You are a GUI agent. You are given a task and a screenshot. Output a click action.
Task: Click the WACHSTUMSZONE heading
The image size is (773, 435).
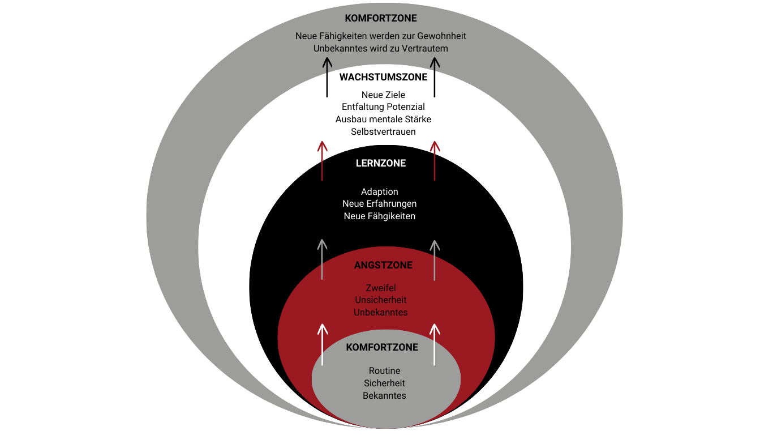tap(383, 78)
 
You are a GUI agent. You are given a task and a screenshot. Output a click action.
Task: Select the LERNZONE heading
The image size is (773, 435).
tap(381, 163)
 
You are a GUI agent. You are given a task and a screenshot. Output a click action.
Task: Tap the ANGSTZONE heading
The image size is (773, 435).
tap(383, 265)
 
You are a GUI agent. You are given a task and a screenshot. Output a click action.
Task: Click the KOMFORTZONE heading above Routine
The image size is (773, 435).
tap(382, 347)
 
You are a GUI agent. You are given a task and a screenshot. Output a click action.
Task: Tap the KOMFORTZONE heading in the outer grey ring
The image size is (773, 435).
tap(381, 19)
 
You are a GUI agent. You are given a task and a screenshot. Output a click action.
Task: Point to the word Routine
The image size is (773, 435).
tap(384, 371)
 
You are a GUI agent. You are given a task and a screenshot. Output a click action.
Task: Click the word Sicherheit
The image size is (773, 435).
tap(384, 383)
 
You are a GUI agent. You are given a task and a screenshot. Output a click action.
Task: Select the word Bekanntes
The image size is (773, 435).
tap(384, 396)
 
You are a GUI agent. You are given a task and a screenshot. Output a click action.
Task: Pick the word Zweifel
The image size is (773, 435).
tap(381, 288)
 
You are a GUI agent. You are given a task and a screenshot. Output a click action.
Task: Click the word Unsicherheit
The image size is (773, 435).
tap(381, 300)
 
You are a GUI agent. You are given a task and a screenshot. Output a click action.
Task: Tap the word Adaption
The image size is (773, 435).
tap(380, 191)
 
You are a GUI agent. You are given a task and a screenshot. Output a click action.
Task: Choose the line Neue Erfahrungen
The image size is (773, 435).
tap(380, 204)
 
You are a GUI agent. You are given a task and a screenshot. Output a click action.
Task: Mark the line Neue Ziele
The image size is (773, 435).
tap(383, 95)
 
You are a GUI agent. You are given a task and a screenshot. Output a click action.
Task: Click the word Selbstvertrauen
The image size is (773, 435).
tap(383, 132)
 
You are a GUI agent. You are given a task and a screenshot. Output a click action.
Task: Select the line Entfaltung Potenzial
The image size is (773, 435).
tap(383, 107)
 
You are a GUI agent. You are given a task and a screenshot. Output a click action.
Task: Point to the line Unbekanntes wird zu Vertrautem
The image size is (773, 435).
tap(381, 49)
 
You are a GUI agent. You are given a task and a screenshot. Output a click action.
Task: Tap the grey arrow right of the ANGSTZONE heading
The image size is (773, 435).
tap(435, 260)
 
